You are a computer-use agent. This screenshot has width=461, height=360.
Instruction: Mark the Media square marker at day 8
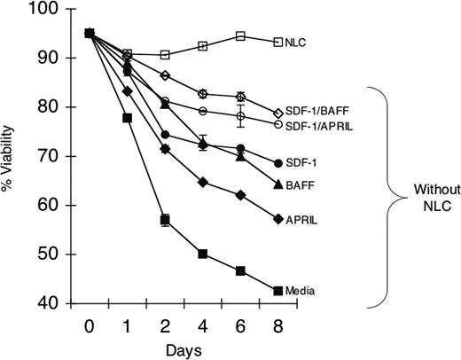pyautogui.click(x=278, y=291)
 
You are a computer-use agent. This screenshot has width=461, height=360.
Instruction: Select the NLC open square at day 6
pyautogui.click(x=240, y=36)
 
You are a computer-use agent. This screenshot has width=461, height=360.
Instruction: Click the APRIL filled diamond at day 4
pyautogui.click(x=203, y=182)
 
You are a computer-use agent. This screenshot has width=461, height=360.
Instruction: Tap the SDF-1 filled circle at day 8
pyautogui.click(x=278, y=163)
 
